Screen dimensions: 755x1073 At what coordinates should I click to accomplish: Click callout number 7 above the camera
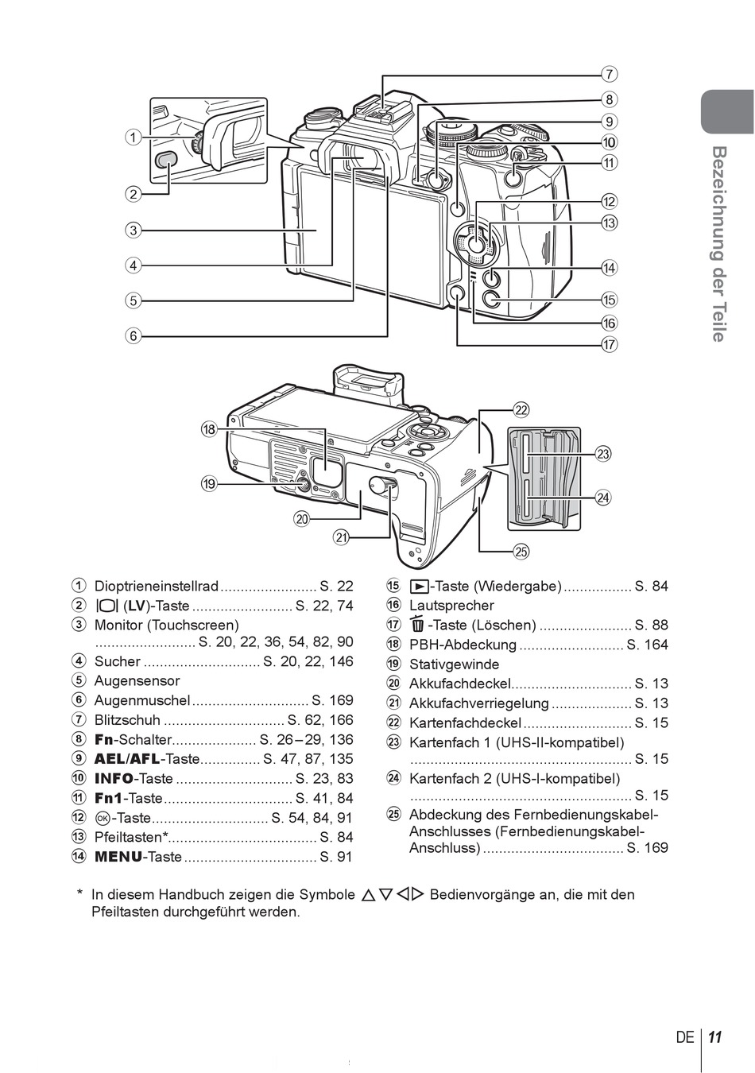click(x=609, y=75)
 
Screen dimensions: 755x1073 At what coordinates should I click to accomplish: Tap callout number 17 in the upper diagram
click(x=609, y=345)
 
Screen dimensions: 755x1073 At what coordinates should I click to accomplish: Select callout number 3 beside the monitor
click(x=134, y=230)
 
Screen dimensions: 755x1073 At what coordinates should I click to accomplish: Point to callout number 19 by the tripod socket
click(x=209, y=484)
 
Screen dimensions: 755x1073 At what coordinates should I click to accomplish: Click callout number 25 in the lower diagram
click(x=521, y=552)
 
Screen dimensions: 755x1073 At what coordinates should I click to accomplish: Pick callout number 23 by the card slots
click(x=602, y=454)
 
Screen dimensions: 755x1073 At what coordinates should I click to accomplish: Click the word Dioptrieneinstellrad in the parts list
click(x=157, y=586)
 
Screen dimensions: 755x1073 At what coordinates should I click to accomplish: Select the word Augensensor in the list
click(x=137, y=680)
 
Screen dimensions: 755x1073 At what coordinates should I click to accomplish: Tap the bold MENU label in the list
click(x=118, y=857)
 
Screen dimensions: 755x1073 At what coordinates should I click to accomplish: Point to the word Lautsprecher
click(x=451, y=606)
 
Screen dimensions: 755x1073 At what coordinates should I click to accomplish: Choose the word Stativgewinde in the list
click(x=454, y=664)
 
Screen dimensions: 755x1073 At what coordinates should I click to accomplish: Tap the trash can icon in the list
click(x=418, y=624)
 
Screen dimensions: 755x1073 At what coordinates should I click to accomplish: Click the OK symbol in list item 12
click(x=102, y=818)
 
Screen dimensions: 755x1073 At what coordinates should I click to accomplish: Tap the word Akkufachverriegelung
click(x=478, y=703)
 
